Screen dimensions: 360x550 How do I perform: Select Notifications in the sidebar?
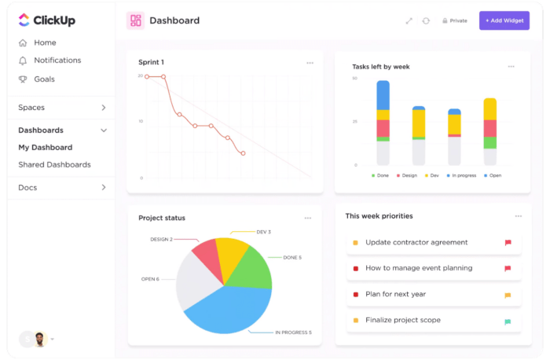(57, 61)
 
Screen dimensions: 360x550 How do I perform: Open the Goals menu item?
(44, 79)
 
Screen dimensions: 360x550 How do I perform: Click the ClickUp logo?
(46, 20)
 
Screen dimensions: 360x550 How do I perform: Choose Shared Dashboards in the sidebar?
(54, 165)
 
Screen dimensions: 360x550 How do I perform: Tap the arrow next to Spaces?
(104, 108)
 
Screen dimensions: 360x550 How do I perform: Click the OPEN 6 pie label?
(150, 279)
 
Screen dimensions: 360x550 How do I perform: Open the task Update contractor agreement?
(416, 243)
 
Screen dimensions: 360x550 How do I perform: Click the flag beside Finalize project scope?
(508, 321)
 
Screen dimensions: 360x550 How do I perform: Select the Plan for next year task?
(395, 295)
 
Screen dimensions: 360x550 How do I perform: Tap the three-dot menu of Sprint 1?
(310, 63)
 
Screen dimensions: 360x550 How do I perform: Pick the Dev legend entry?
(432, 175)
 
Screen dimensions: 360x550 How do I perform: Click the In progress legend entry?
(461, 175)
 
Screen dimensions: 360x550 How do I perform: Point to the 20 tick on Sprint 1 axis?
(141, 76)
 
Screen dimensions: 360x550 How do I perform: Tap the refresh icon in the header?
(426, 21)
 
